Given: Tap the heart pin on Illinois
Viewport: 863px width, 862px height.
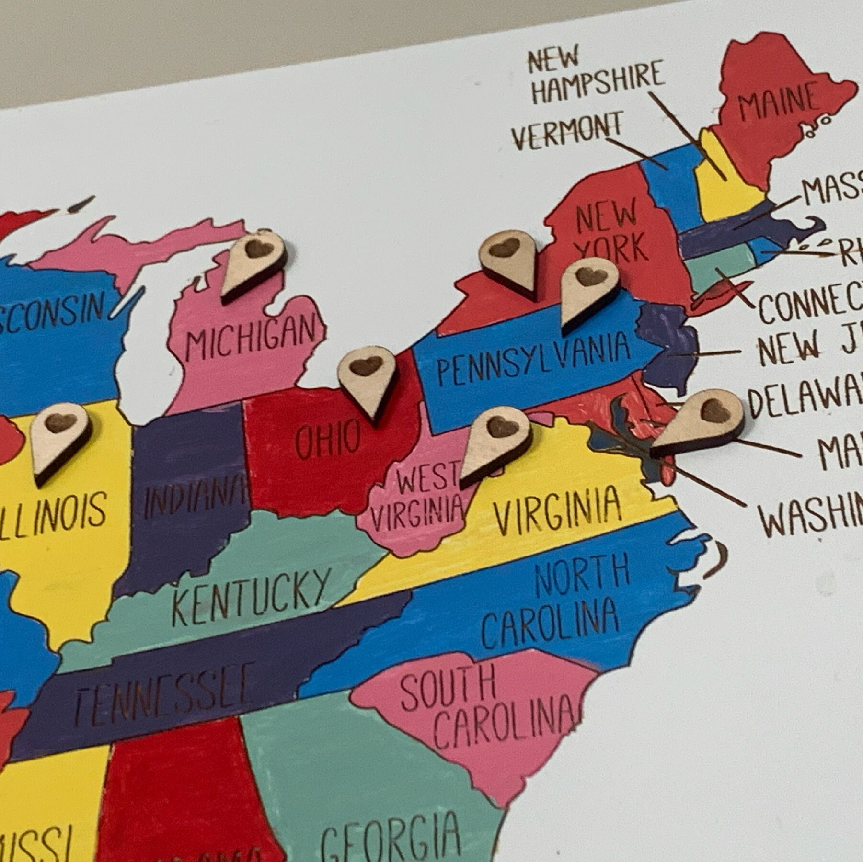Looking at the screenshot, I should click(x=60, y=437).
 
